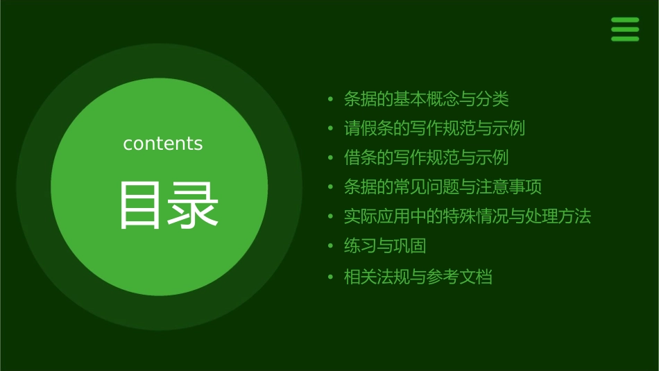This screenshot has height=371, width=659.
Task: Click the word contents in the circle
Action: (163, 144)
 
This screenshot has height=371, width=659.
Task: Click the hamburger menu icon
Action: (624, 30)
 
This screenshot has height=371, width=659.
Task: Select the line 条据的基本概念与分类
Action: (427, 99)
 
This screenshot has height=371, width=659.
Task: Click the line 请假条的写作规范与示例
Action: (434, 128)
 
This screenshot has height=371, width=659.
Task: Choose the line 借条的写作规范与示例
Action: (427, 157)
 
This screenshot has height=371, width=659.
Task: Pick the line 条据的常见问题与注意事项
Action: (443, 187)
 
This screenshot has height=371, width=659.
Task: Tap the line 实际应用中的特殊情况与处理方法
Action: (468, 216)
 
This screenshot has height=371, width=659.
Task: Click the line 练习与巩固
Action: (385, 245)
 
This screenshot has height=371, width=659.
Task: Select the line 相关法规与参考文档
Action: (418, 277)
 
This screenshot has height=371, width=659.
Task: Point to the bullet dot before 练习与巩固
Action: (331, 246)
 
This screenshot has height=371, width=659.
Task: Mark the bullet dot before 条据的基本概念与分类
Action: (331, 100)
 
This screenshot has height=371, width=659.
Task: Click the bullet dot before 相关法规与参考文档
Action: (331, 277)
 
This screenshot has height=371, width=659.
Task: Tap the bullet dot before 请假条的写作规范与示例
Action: (331, 129)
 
